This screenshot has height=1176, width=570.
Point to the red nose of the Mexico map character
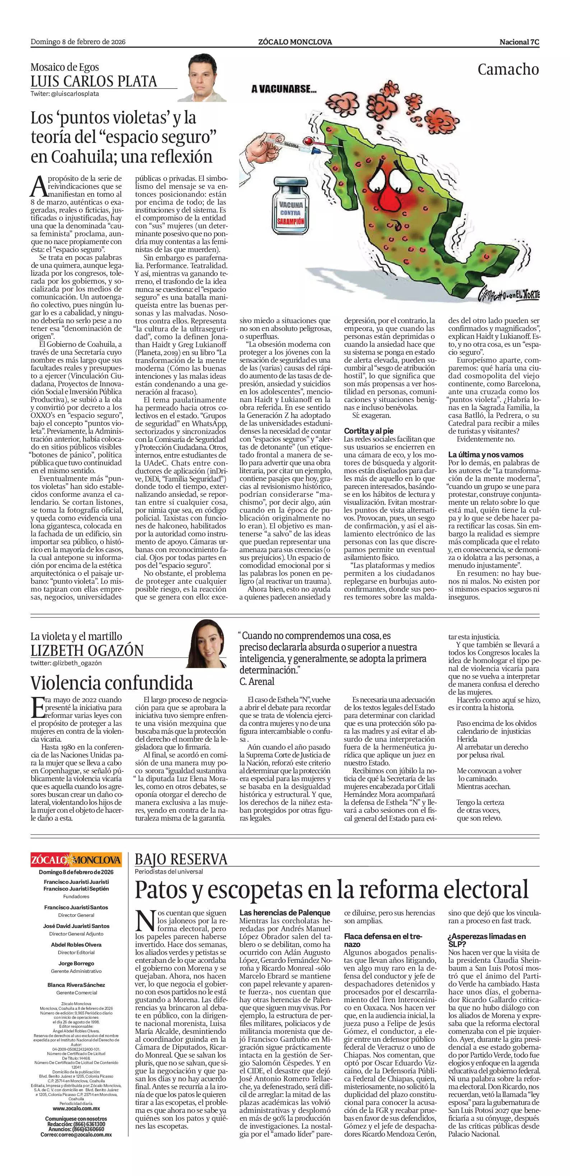pyautogui.click(x=390, y=197)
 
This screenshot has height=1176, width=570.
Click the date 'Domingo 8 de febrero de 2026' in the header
pyautogui.click(x=78, y=42)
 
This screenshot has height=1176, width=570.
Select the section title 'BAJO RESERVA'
pyautogui.click(x=181, y=860)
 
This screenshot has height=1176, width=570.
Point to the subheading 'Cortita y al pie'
pyautogui.click(x=369, y=431)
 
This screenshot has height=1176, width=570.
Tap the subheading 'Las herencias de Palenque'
pyautogui.click(x=284, y=913)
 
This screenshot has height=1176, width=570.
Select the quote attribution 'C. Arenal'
pyautogui.click(x=257, y=682)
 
